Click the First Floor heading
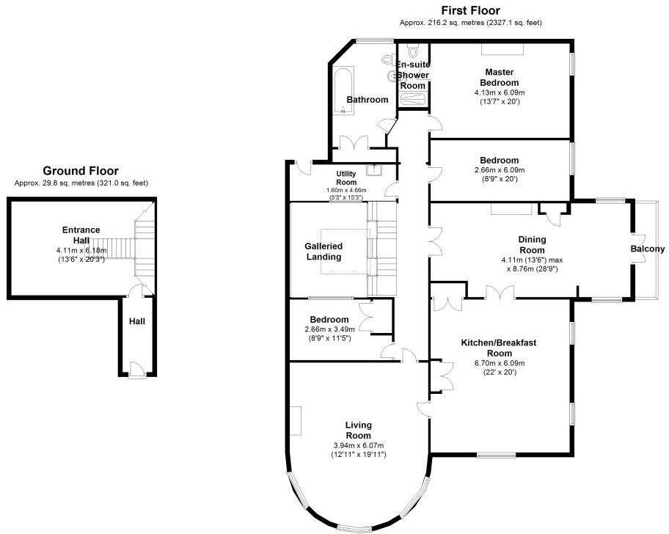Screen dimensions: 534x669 coord(470,10)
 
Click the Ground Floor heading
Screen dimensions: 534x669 coord(81,171)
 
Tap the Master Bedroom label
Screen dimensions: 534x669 coord(500,77)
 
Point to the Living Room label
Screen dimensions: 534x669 coord(359,430)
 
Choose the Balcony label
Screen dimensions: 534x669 coord(648,249)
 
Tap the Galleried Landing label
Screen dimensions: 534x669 coord(323,251)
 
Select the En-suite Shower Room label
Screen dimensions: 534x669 coord(413,75)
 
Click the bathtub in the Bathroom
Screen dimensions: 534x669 coord(344,89)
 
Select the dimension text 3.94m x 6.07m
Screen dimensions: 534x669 coord(359,445)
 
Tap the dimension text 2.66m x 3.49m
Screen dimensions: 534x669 coord(329,329)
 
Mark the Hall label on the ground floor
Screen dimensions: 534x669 coord(137,321)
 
